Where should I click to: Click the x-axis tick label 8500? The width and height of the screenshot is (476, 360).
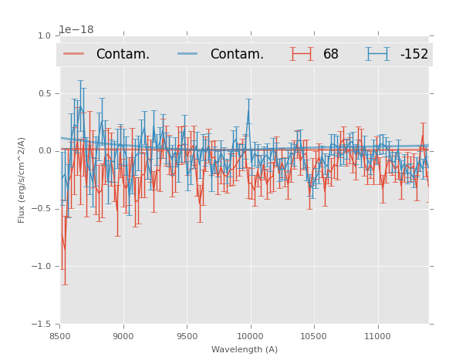(60, 336)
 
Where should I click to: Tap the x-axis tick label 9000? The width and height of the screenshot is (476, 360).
(123, 336)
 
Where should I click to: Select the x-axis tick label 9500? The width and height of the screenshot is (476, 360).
(187, 336)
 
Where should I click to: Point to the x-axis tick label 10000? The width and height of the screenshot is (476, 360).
(250, 336)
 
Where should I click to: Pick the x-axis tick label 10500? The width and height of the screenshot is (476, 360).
(314, 336)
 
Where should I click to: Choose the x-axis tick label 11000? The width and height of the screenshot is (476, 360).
(377, 336)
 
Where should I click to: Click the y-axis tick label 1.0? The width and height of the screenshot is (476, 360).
(44, 36)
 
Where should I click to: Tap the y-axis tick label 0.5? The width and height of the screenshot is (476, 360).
(44, 94)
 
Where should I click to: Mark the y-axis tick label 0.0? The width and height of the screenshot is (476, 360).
(44, 151)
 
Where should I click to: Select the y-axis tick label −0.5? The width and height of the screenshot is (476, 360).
(42, 209)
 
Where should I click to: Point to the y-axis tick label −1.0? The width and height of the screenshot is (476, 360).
(42, 267)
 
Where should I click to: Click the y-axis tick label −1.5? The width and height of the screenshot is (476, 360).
(42, 325)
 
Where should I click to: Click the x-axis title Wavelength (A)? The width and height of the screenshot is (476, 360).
(245, 349)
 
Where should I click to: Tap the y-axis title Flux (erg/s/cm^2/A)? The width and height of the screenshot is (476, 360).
(22, 180)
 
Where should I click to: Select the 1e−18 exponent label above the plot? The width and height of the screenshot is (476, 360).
(76, 30)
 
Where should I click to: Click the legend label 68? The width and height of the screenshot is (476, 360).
(331, 55)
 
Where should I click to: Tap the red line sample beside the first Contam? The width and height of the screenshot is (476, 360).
(74, 54)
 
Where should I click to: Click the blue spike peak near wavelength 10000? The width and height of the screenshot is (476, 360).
(248, 99)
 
